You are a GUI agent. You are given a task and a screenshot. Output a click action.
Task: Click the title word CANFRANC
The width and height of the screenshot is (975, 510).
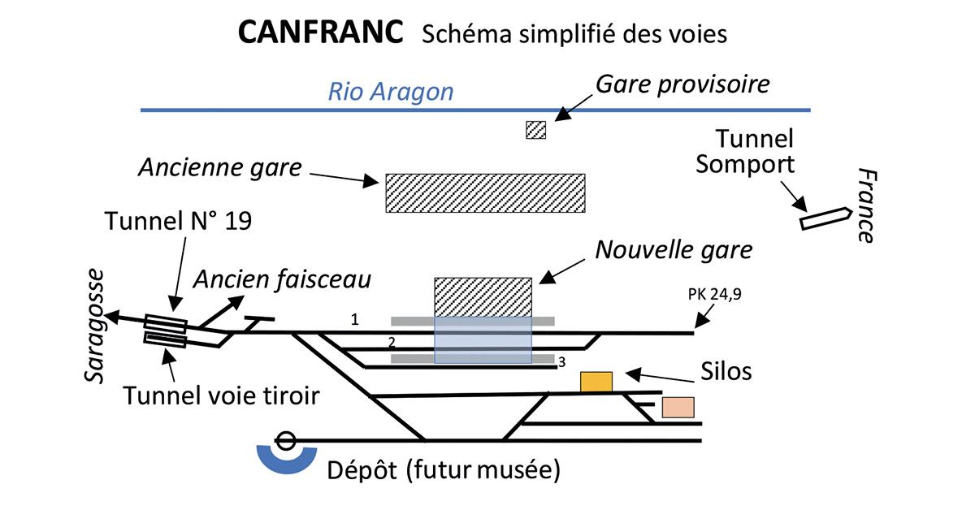pos(321,33)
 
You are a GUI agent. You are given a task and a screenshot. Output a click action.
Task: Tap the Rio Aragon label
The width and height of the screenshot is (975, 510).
pos(390,92)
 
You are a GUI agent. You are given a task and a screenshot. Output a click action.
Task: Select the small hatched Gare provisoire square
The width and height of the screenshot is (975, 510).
pos(535,130)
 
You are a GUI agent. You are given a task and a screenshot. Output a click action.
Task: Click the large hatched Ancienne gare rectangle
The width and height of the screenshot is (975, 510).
pos(485,192)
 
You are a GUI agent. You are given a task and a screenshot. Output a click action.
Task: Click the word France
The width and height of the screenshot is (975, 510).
pos(867,206)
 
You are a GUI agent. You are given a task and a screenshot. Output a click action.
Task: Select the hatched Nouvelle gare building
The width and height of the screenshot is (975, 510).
pos(483,296)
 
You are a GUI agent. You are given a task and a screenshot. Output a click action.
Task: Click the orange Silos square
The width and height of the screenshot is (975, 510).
pos(596,382)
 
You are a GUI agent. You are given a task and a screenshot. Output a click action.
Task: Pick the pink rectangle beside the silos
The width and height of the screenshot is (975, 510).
pos(678,407)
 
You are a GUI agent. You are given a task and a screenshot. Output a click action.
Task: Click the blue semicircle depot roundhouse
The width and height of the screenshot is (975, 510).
pos(286,460)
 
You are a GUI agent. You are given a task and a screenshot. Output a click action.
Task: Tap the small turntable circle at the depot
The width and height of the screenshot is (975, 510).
pos(285,442)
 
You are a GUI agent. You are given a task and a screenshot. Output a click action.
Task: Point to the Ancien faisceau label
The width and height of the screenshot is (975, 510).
pos(282,279)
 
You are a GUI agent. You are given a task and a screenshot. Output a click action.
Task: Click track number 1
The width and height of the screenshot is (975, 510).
pos(354,320)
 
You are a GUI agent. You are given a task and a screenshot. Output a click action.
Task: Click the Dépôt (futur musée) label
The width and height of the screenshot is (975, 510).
pos(444,469)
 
